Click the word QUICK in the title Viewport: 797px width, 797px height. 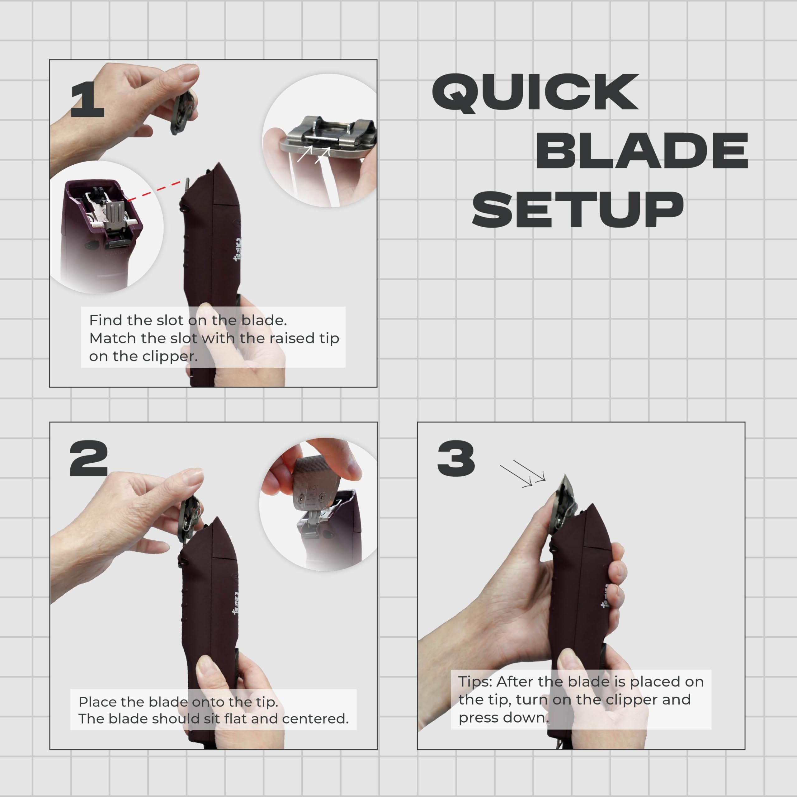pyautogui.click(x=535, y=93)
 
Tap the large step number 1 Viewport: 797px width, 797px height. pyautogui.click(x=87, y=99)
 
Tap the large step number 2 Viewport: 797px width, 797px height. pyautogui.click(x=89, y=458)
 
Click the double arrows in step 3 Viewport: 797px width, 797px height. pyautogui.click(x=523, y=474)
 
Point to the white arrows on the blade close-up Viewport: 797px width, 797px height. pyautogui.click(x=314, y=155)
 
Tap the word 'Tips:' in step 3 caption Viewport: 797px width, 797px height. pyautogui.click(x=475, y=682)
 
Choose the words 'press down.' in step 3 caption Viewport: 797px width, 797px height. pyautogui.click(x=504, y=718)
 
